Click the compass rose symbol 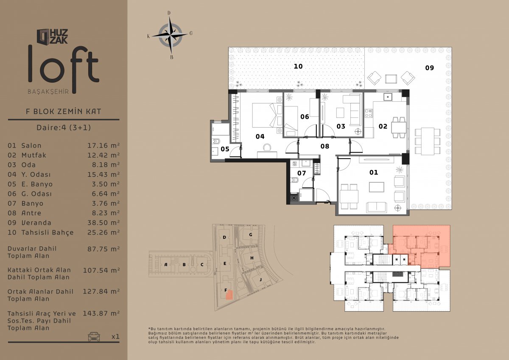pos(170,36)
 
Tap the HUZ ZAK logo pos(53,36)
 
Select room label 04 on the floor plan pos(260,137)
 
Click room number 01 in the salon pos(374,173)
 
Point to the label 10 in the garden pos(298,66)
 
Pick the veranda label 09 pos(429,68)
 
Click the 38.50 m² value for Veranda pos(103,223)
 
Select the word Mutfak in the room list pos(34,155)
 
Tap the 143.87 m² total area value pos(101,313)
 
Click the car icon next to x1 pos(94,336)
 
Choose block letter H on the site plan pos(252,258)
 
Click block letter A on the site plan pos(166,265)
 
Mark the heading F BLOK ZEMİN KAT pos(64,112)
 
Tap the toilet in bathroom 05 pos(215,142)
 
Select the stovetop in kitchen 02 pos(369,113)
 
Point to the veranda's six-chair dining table pos(428,141)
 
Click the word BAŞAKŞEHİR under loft pos(48,92)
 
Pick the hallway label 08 pos(325,146)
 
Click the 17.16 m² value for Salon pos(103,145)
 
